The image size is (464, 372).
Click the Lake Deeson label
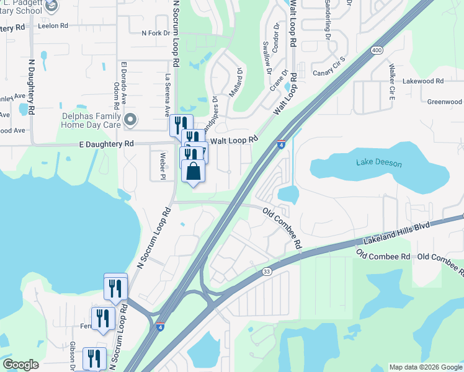click(379, 162)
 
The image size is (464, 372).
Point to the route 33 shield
click(267, 271)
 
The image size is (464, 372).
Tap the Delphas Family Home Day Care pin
click(130, 118)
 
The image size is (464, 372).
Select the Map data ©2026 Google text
click(425, 367)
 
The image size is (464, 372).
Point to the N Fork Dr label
click(156, 33)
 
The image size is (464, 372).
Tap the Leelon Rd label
click(52, 27)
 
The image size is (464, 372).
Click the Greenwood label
click(445, 102)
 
